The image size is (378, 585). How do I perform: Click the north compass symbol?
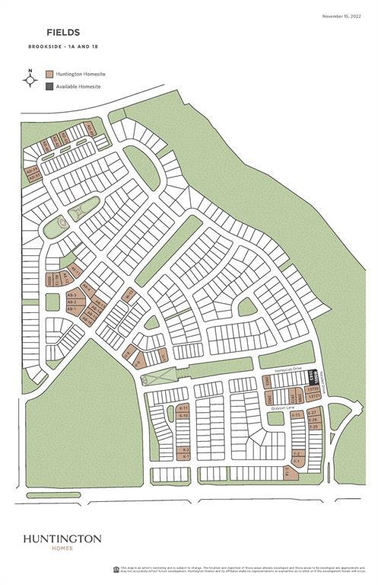click(30, 78)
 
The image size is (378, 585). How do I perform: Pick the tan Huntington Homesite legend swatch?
click(50, 75)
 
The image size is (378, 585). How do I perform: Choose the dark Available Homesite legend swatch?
click(50, 86)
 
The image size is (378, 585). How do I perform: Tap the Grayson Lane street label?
click(280, 410)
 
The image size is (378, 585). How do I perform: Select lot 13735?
click(313, 389)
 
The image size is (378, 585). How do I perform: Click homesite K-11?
click(183, 409)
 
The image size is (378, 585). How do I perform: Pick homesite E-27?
click(313, 414)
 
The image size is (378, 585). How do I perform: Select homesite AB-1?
click(71, 308)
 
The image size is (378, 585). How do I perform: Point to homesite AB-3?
click(71, 295)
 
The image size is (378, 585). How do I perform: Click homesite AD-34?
click(32, 171)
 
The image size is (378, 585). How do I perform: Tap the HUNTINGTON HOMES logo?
click(62, 542)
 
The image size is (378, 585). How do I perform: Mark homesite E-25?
click(313, 427)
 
